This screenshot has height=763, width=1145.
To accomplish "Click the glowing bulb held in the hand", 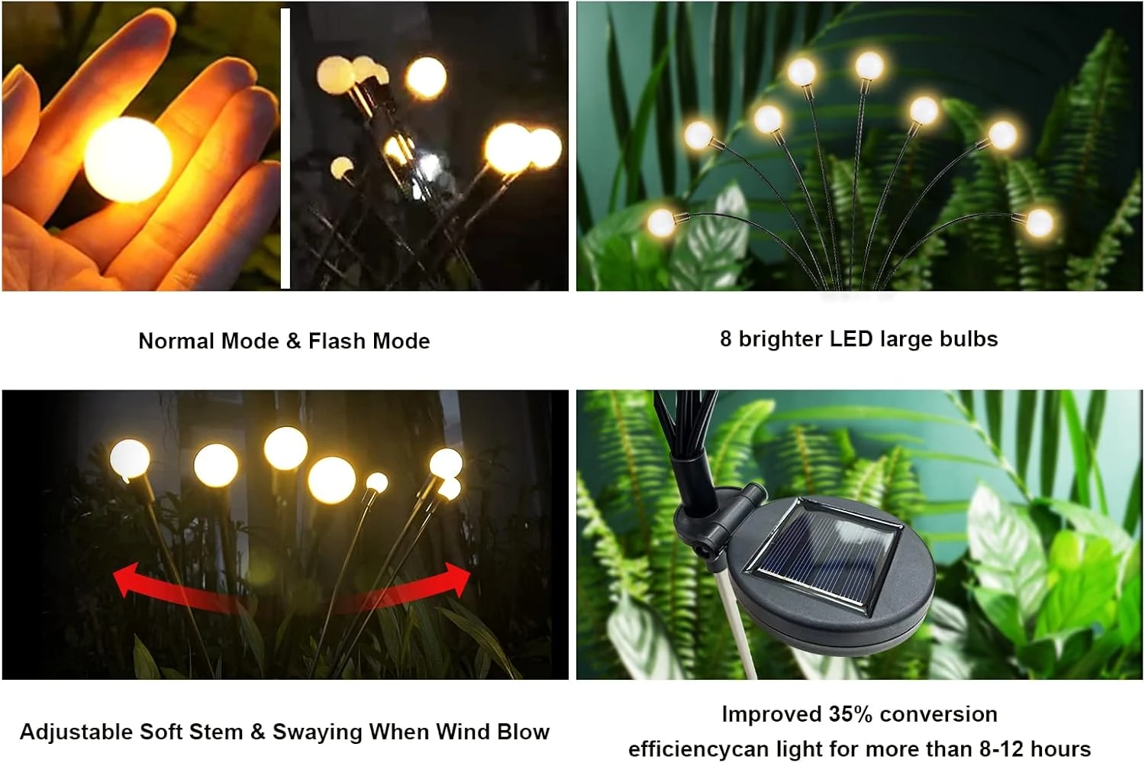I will (x=127, y=160).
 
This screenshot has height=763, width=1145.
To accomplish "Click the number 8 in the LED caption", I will (x=725, y=338).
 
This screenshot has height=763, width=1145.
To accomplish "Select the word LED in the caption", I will (x=851, y=338).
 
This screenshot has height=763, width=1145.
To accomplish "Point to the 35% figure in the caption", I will (x=850, y=714).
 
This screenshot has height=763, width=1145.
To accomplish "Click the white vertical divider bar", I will (x=285, y=149).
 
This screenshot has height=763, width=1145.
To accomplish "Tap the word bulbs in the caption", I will (x=968, y=338).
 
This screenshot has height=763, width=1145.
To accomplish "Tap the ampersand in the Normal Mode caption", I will (x=294, y=341).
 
